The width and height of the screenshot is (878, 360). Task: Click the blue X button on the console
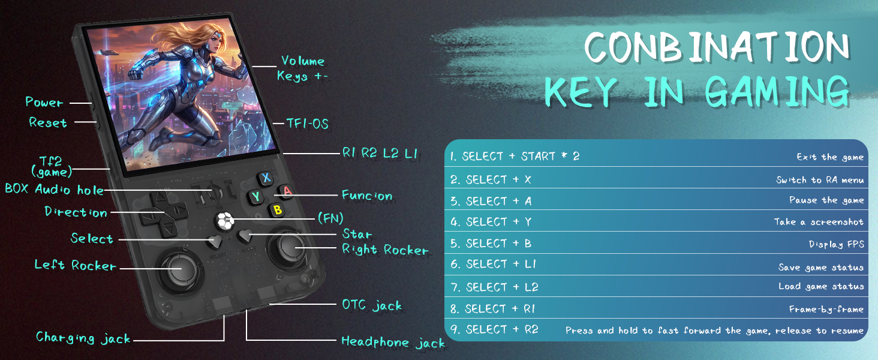(x=266, y=178)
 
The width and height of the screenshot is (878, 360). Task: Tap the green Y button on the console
(x=255, y=196)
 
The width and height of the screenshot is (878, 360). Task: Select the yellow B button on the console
(x=277, y=210)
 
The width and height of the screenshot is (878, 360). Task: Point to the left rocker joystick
(x=179, y=269)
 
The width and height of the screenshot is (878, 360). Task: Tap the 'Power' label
(x=44, y=102)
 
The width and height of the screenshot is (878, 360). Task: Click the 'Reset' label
(x=48, y=122)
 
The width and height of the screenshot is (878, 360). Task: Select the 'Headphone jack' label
(x=393, y=343)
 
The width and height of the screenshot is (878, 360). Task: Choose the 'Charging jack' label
(x=83, y=338)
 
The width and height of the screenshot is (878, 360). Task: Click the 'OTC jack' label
(x=372, y=305)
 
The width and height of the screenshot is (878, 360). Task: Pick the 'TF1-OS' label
(x=307, y=124)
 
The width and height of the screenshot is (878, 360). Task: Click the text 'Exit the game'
(x=830, y=157)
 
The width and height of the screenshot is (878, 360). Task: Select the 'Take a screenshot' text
(x=819, y=222)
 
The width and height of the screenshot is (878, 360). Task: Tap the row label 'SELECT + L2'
(x=494, y=287)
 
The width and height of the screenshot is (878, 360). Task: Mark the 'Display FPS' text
(x=837, y=244)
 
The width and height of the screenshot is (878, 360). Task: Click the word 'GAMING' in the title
(x=777, y=92)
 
